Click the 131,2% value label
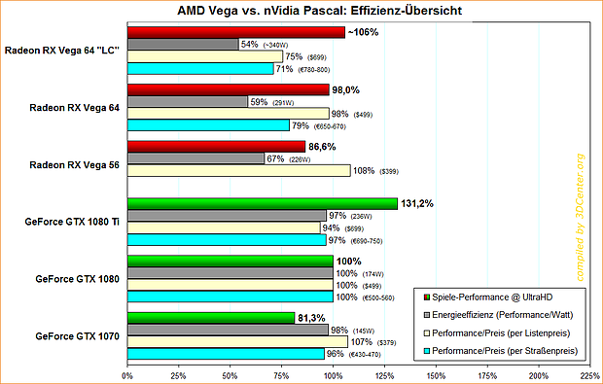pos(419,203)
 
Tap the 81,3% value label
pos(315,317)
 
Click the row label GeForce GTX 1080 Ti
pos(70,222)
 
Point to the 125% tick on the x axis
pos(384,374)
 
